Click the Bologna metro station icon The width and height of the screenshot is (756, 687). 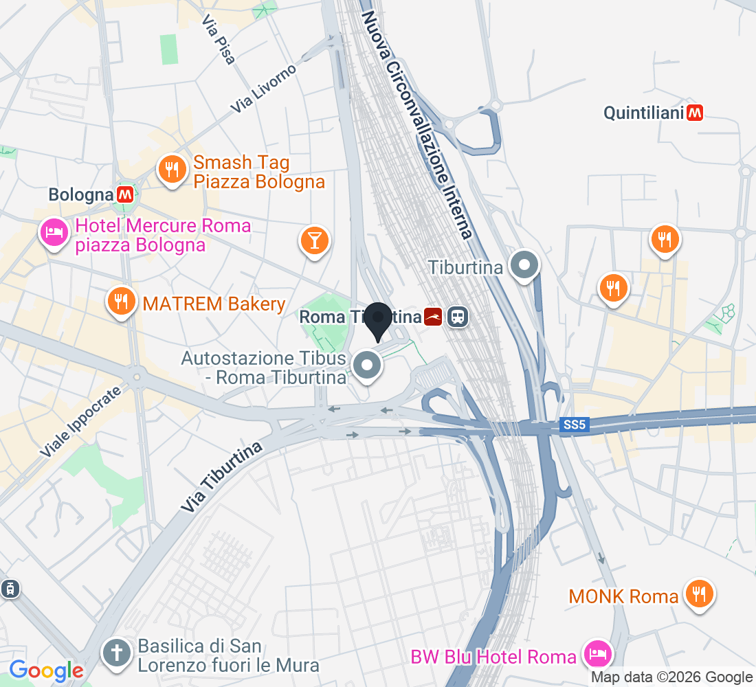124,194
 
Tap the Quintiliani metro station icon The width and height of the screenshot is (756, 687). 695,112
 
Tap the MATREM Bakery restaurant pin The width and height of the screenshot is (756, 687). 121,301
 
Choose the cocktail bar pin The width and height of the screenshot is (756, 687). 315,240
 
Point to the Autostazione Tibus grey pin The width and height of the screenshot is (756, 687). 368,364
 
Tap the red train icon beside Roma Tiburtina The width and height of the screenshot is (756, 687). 433,317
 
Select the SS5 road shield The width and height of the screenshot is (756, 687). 571,426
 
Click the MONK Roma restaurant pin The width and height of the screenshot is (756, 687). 699,593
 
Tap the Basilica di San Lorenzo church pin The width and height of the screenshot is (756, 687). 116,653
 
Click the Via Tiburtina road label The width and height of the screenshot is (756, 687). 223,475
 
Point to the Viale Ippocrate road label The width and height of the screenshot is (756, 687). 80,421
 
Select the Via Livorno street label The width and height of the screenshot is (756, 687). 263,89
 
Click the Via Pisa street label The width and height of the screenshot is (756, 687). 219,40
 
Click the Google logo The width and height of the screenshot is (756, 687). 46,670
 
